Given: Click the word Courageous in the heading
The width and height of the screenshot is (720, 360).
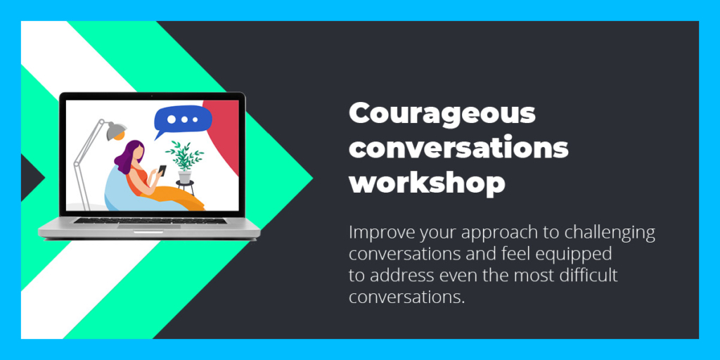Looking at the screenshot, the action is (442, 115).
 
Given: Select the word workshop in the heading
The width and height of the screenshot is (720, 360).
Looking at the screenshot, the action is (427, 183).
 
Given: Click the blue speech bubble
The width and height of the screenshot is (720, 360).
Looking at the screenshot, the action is (182, 121).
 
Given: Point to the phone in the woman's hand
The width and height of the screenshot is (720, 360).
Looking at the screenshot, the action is (162, 169).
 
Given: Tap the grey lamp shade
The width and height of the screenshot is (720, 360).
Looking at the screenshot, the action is (117, 130).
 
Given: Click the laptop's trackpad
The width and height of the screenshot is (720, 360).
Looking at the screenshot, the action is (149, 226).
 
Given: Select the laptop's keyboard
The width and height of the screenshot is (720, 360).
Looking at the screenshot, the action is (150, 220).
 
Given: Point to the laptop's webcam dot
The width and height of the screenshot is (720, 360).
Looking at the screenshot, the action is (152, 96).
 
